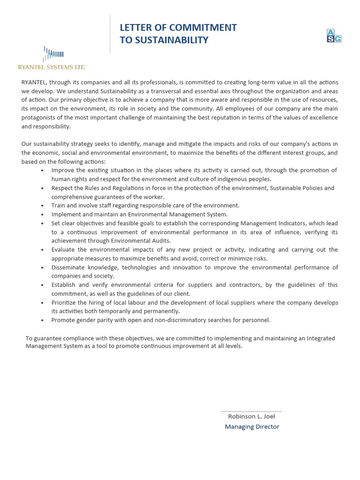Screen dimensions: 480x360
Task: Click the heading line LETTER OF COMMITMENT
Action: coord(178,28)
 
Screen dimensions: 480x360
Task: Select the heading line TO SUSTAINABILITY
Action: coord(164,40)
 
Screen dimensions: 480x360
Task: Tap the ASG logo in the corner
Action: coord(334,36)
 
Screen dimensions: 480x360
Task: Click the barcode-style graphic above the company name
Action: coord(53,54)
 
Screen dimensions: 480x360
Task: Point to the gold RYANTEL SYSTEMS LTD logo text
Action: coord(52,67)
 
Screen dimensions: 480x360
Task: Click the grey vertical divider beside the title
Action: coord(110,33)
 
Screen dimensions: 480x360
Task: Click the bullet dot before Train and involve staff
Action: coord(43,206)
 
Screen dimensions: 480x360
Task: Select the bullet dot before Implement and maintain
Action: coord(43,215)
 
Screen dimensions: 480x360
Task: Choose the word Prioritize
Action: coord(65,303)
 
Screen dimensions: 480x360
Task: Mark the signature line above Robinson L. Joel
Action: coord(251,412)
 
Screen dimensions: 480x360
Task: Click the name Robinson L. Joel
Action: coord(251,416)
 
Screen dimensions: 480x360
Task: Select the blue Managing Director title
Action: coord(252,427)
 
